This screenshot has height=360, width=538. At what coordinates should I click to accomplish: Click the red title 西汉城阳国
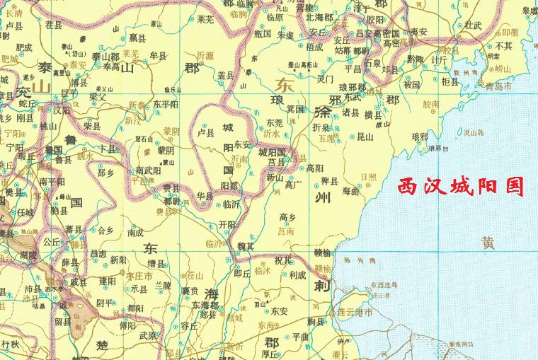(x=460, y=187)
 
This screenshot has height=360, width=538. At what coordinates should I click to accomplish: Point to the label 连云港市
(x=356, y=311)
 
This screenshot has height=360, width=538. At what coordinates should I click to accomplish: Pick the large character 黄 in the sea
(x=488, y=243)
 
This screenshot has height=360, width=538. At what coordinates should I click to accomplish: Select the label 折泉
(x=320, y=128)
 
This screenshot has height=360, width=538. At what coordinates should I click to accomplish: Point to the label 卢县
(x=206, y=132)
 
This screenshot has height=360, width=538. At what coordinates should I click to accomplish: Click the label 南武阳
(x=148, y=170)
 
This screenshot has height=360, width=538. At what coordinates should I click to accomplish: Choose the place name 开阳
(x=227, y=223)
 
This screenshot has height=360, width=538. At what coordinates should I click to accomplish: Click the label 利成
(x=297, y=275)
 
